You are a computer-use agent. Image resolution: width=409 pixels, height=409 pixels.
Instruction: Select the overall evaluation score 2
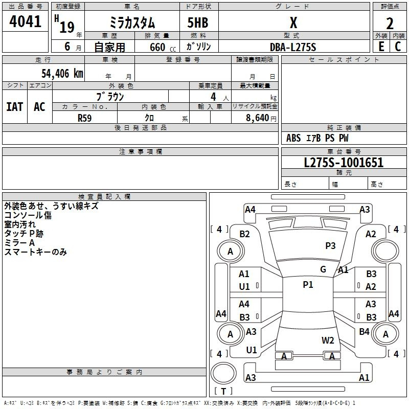pos(390,23)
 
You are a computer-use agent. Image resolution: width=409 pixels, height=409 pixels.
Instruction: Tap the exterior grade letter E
pos(381,46)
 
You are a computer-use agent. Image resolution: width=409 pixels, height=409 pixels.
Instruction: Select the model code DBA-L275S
pos(293,47)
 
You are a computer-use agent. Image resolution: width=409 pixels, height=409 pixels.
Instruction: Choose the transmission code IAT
pos(15,107)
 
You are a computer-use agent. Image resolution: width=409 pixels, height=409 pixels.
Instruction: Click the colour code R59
pos(85,118)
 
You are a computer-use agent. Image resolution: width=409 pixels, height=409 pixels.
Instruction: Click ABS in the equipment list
pos(293,138)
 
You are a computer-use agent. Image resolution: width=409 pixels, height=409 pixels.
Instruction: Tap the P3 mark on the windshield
pos(330,246)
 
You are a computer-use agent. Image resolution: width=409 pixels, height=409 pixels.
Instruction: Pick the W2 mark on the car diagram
pos(328,340)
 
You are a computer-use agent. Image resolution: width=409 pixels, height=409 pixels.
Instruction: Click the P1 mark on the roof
pos(308,285)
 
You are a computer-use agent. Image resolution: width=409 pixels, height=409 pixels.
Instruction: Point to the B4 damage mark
pos(364,332)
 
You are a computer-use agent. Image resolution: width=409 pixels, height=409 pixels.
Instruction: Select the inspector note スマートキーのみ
pos(36,252)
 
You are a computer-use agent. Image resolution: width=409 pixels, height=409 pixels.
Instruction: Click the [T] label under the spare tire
pos(223,392)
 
